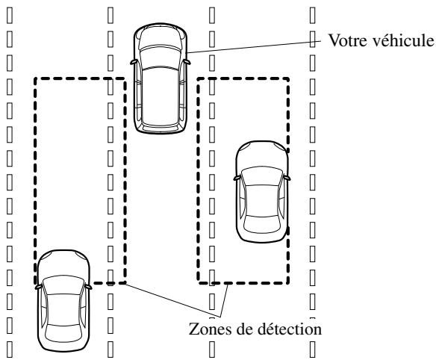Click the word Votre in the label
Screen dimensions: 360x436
click(x=344, y=40)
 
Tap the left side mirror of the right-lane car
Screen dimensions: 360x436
click(x=235, y=179)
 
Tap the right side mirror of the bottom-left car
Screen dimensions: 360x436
click(x=90, y=285)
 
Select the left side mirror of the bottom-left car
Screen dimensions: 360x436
click(x=37, y=285)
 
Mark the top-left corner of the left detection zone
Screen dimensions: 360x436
click(x=35, y=77)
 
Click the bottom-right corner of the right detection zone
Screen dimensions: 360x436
click(x=288, y=282)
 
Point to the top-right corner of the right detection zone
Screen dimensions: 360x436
click(x=288, y=77)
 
